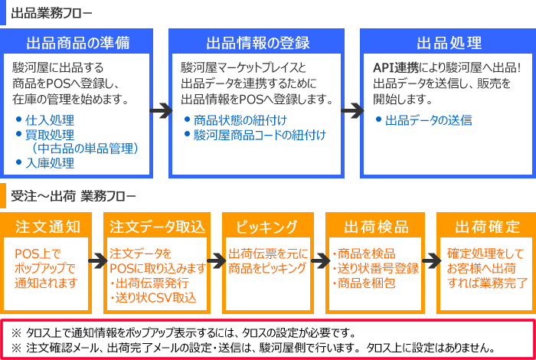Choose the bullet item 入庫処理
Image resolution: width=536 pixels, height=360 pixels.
(49, 162)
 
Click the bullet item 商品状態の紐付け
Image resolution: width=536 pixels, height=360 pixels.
(229, 120)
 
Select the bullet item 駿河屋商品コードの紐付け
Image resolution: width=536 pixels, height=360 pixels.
(260, 135)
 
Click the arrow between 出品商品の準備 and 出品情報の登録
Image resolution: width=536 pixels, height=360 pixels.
(159, 110)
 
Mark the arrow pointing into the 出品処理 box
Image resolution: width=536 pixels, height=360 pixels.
(351, 110)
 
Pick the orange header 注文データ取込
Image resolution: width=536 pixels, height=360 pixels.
(158, 227)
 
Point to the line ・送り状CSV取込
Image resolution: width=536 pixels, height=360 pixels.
(155, 298)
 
